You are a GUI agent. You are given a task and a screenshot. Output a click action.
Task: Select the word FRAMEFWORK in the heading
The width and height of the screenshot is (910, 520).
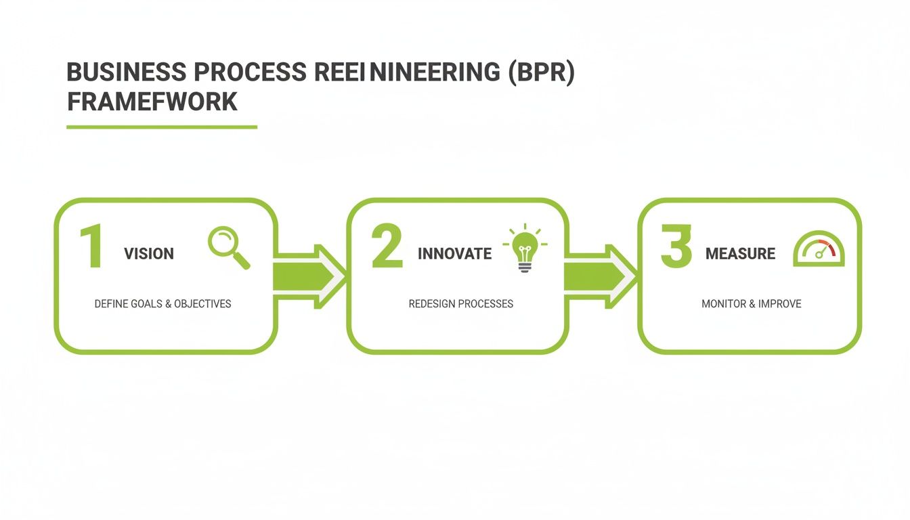152,102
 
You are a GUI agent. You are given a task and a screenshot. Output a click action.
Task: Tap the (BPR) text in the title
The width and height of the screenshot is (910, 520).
541,73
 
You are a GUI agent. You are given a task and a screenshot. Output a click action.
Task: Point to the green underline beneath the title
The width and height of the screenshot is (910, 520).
162,127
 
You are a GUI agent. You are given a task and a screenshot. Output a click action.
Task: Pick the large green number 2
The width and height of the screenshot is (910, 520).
387,248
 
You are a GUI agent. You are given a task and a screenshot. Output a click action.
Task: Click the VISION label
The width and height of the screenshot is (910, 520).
149,254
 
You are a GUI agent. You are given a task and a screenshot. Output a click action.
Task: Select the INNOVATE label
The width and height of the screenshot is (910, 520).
454,254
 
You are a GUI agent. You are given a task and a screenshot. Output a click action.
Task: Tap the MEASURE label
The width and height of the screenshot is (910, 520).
740,254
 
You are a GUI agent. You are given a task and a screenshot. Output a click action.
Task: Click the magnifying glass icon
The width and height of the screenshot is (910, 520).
226,246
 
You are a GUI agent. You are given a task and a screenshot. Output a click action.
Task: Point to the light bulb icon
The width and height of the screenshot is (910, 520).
525,248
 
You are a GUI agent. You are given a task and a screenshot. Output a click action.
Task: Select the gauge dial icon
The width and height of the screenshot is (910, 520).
819,249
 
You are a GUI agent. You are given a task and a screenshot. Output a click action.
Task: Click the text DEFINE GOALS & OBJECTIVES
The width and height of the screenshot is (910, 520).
162,304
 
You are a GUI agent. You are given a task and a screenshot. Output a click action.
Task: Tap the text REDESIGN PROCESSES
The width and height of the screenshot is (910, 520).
460,304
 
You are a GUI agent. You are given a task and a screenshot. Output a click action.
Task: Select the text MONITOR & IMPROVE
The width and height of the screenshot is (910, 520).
751,304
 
